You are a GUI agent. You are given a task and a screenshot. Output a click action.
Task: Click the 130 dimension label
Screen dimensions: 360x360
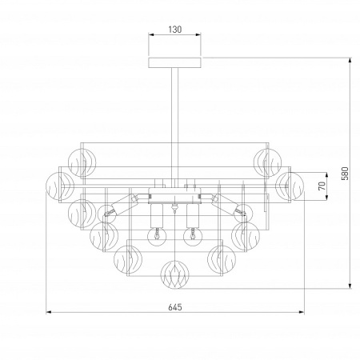click(175, 29)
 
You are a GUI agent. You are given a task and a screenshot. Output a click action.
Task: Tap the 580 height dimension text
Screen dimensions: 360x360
click(345, 174)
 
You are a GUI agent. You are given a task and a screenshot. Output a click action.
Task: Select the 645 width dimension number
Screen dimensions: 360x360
click(175, 307)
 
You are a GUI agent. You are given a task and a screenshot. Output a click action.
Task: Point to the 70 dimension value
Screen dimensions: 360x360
click(322, 186)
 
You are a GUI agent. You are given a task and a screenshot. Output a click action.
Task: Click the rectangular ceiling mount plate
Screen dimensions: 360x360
click(174, 62)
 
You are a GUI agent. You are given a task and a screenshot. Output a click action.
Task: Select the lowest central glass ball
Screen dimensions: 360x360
click(174, 274)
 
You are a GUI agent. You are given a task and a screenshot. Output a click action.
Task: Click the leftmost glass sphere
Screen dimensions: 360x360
click(60, 186)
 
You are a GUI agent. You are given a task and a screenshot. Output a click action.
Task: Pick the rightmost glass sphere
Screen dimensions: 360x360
click(290, 186)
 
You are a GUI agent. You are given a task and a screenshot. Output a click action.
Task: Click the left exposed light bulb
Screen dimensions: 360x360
click(157, 237)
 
